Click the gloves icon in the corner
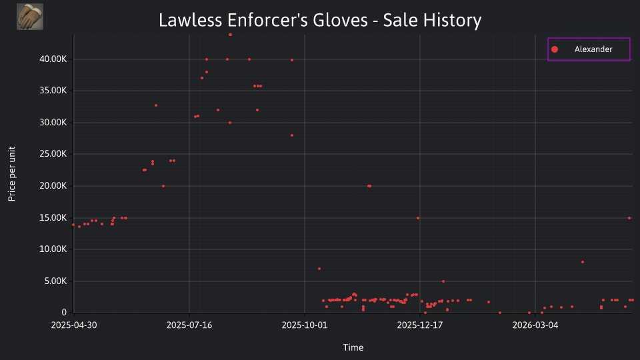(30, 17)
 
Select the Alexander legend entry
(589, 49)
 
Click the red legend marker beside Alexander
(554, 49)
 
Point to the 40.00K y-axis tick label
(53, 59)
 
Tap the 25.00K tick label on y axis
(53, 154)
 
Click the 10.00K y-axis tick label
(53, 249)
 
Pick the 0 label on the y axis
(64, 312)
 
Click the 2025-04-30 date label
(74, 325)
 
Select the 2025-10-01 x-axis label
(305, 325)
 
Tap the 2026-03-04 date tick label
(535, 325)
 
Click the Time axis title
(353, 347)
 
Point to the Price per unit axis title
(12, 174)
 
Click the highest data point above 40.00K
(230, 35)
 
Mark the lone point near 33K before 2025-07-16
(156, 105)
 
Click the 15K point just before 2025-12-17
(418, 218)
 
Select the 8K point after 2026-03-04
(583, 262)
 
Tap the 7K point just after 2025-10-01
(319, 269)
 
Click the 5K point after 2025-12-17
(443, 281)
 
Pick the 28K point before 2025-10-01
(292, 135)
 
